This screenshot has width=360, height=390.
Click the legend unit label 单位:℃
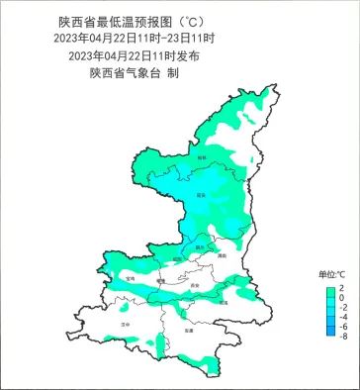[330, 273]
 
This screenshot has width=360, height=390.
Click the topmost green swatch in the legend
[330, 287]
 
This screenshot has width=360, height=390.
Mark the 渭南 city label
[223, 255]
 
